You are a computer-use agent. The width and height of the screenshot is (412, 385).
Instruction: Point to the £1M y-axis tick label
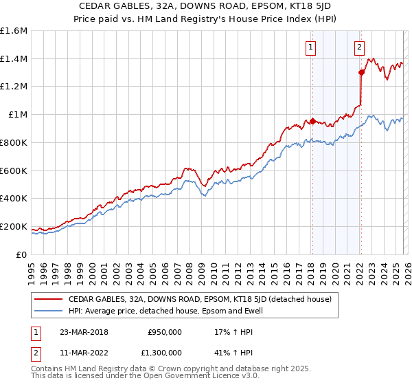(x=16, y=114)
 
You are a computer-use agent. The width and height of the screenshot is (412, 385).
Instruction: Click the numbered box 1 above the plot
(x=311, y=47)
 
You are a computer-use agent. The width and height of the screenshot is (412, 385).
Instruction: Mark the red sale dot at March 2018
(x=312, y=122)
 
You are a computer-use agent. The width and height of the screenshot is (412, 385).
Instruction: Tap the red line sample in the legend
(x=49, y=299)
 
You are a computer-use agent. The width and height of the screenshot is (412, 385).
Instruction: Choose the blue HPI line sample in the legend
(x=49, y=311)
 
